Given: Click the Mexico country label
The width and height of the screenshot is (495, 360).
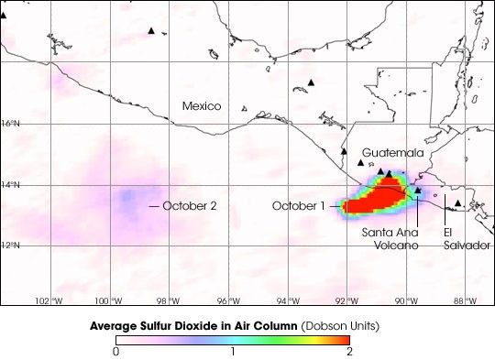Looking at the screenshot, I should [x=201, y=106].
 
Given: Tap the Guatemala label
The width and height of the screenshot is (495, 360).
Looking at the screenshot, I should [x=392, y=152].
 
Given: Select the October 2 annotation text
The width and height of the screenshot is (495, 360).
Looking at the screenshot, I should [x=190, y=206].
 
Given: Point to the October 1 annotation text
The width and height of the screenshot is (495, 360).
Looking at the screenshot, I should [x=298, y=206].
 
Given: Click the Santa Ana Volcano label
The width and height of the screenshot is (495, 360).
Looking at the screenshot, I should [x=390, y=238].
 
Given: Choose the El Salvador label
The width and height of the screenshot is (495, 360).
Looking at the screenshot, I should [x=465, y=238].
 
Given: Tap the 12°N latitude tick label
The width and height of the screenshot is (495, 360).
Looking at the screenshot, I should [x=11, y=245].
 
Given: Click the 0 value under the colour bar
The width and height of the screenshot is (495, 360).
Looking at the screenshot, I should [x=116, y=351].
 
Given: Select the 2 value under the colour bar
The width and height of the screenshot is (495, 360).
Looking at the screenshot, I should [x=348, y=351].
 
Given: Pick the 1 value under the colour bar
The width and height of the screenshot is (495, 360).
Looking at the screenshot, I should [x=233, y=351].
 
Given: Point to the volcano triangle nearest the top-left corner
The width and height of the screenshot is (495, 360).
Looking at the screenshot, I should [x=151, y=31].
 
